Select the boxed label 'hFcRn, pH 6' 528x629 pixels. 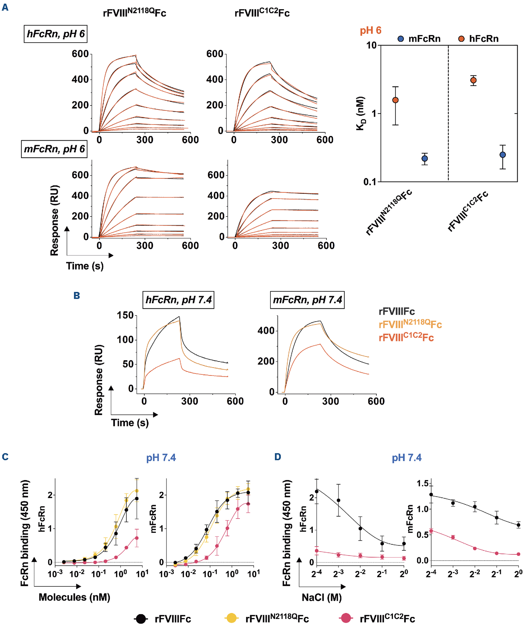coord(56,34)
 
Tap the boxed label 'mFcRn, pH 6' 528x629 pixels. coord(54,149)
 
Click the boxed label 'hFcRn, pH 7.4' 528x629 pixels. coord(178,300)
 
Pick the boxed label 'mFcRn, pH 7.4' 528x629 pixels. coord(307,300)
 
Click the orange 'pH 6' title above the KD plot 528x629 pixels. coord(370,31)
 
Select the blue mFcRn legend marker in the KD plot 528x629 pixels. coord(401,39)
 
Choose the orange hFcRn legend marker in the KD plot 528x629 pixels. coord(461,39)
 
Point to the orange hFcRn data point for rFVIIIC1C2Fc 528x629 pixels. coord(473,80)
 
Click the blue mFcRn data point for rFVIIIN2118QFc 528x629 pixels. coord(424,158)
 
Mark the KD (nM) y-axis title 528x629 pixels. coord(360,114)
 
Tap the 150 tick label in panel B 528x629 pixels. coord(125,315)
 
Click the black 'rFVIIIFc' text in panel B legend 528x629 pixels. coord(397,312)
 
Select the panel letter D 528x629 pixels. coord(278,457)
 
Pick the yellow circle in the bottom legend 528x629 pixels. coord(231,618)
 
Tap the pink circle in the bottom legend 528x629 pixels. coord(346,618)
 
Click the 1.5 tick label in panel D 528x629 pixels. coord(423,483)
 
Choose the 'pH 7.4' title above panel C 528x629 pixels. coord(161,458)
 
